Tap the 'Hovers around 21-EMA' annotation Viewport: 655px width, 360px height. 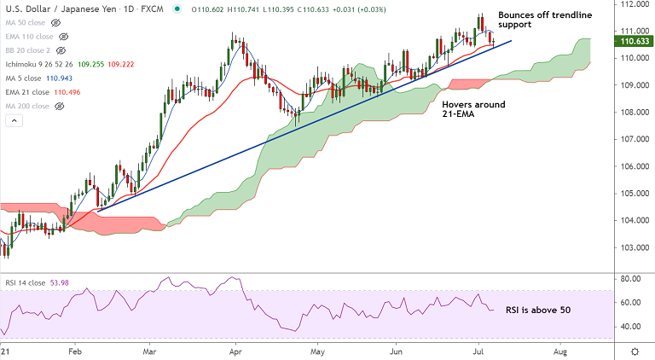click(473, 110)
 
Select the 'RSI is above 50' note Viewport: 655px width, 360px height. click(538, 310)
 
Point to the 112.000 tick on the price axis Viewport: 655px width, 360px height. click(632, 4)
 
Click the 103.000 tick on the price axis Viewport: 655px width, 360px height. click(632, 247)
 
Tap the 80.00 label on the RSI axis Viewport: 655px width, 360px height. click(632, 279)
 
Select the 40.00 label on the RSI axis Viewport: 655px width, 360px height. click(632, 326)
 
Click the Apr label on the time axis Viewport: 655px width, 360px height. click(236, 351)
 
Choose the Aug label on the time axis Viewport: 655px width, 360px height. click(560, 351)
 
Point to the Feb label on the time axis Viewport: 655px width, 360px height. click(74, 351)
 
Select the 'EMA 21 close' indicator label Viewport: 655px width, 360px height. click(28, 92)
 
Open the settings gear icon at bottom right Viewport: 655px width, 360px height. click(636, 351)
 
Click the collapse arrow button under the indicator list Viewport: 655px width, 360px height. click(14, 120)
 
